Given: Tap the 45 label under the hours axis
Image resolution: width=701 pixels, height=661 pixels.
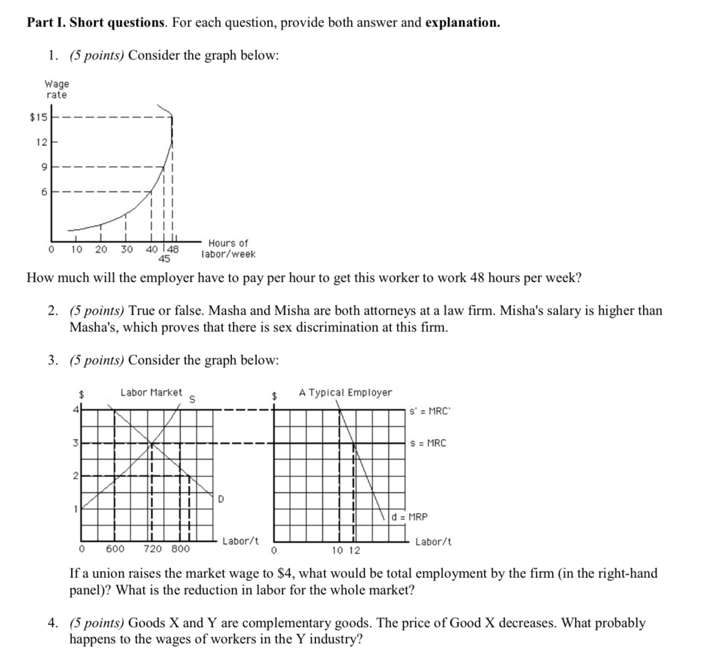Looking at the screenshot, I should [x=164, y=259].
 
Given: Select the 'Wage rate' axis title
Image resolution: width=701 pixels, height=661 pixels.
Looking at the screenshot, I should [x=56, y=89].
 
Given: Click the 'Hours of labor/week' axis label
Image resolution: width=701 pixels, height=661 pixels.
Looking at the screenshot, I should [x=228, y=248].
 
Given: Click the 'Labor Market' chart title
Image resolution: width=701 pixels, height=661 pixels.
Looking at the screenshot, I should [x=151, y=392].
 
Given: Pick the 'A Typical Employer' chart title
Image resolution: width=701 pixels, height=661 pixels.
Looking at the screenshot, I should [x=345, y=392].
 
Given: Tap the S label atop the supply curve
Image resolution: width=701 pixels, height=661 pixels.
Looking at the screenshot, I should [x=192, y=399].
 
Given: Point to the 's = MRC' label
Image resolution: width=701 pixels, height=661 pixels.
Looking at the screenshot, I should [x=428, y=443].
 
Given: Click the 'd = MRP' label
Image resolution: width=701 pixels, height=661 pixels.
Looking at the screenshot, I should [x=410, y=517].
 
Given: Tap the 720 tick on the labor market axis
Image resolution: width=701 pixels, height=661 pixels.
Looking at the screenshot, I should [x=153, y=549].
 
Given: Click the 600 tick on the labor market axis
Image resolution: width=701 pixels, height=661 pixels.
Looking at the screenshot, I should [x=115, y=549].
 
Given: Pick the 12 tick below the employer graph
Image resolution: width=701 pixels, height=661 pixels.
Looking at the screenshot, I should [x=354, y=550].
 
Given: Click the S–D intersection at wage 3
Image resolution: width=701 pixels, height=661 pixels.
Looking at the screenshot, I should [x=151, y=443].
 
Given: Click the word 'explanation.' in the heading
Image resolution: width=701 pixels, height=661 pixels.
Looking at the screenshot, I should [x=463, y=22].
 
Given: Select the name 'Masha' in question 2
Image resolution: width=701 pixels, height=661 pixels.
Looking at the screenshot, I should [x=227, y=311].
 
